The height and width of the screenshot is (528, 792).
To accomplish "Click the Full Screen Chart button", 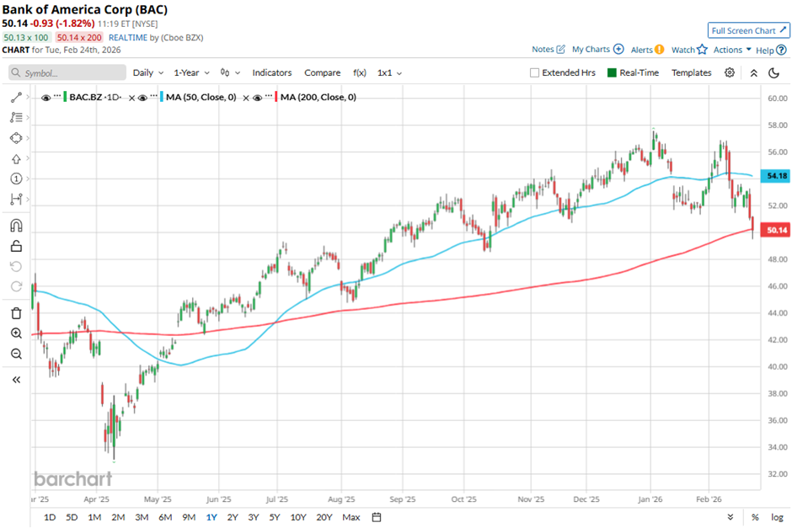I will [748, 30].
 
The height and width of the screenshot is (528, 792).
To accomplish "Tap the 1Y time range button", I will [211, 517].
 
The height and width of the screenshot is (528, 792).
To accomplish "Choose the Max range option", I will [351, 517].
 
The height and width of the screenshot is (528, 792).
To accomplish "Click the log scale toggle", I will [778, 517].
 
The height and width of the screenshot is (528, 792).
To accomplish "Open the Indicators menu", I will [271, 72].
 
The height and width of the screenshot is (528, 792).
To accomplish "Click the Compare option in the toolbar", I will [322, 72].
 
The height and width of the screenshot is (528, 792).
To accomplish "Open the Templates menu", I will [691, 72].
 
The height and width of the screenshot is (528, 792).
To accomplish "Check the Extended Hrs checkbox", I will [534, 72].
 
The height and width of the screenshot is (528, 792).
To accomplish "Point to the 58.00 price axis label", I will [776, 125].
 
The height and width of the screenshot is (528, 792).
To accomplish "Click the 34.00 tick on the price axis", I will [776, 447].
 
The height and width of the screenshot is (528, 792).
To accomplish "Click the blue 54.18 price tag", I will [776, 176].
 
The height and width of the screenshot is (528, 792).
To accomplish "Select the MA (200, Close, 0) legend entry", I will [318, 97].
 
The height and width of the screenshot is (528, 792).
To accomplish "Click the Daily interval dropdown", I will [147, 72].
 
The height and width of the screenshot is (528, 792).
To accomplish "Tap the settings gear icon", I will [730, 72].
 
